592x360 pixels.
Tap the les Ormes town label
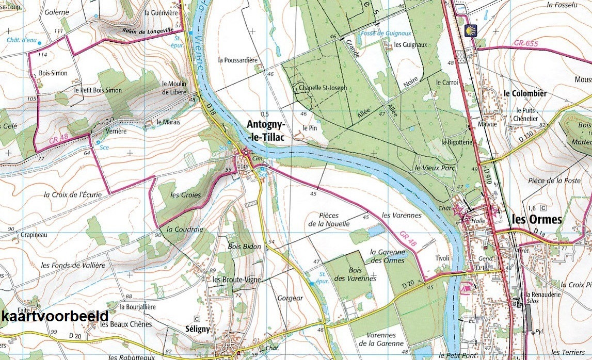click(536, 220)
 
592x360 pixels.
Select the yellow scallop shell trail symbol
click(470, 30)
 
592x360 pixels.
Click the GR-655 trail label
click(525, 44)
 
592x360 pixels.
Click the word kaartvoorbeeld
click(55, 316)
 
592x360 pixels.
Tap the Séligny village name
click(198, 329)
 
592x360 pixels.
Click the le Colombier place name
click(525, 93)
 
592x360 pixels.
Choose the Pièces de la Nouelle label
click(329, 220)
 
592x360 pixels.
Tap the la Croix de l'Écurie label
click(73, 195)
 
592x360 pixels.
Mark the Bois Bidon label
click(245, 247)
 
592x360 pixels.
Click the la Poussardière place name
click(237, 60)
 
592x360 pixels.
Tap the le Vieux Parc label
click(433, 168)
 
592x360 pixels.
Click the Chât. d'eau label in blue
click(21, 40)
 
